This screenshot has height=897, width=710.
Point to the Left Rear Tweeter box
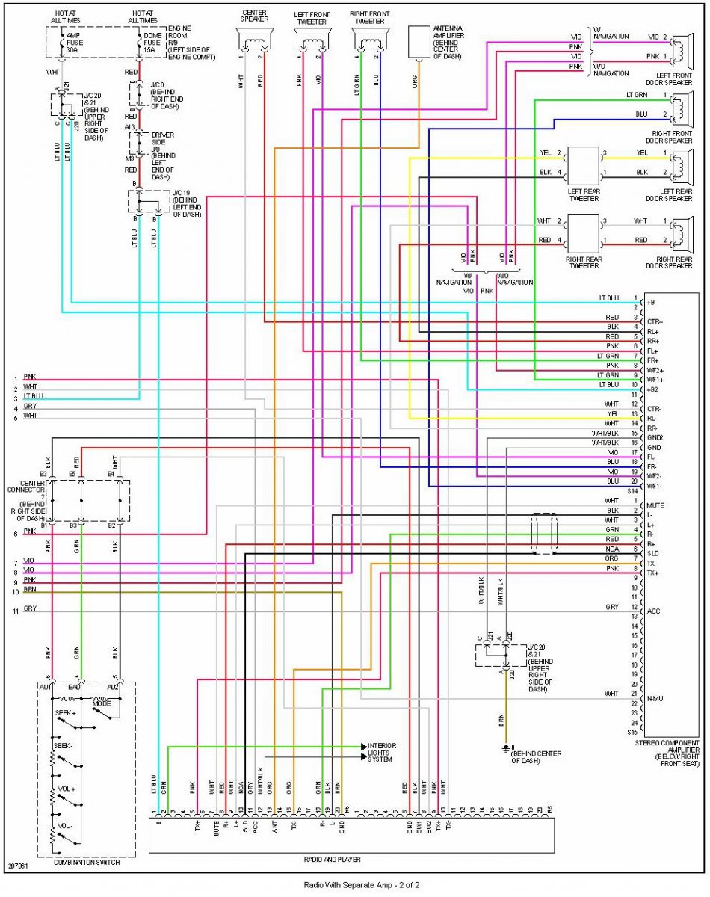click(583, 164)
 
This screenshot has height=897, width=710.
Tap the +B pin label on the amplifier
click(652, 302)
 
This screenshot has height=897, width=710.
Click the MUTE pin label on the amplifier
click(656, 505)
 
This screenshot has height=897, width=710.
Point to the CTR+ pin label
click(655, 321)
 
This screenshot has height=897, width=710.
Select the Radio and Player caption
click(351, 859)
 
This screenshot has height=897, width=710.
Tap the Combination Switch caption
click(86, 862)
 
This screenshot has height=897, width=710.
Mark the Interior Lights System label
click(381, 752)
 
